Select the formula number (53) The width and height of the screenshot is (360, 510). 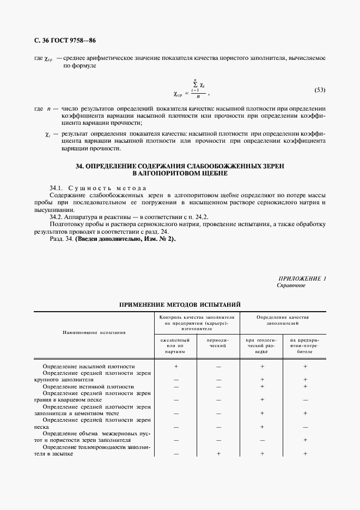tap(320, 89)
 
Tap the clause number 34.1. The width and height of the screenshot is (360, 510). tap(57, 188)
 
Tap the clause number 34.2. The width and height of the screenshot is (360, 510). tap(57, 217)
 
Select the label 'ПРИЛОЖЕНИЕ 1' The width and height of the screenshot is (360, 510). tap(302, 278)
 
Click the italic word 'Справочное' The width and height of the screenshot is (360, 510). tap(291, 285)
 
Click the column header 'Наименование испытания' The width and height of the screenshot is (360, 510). tap(94, 331)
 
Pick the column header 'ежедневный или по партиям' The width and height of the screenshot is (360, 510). tap(176, 345)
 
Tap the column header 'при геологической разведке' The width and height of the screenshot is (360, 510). tap(262, 345)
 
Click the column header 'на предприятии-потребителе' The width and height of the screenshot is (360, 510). tap(305, 345)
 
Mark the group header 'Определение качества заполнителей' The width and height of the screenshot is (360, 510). tap(283, 319)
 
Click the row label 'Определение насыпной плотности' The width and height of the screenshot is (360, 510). tap(88, 367)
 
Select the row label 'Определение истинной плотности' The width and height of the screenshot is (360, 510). tap(88, 386)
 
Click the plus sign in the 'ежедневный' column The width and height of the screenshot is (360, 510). tap(176, 367)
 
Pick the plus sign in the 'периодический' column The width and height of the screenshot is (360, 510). tap(218, 453)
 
